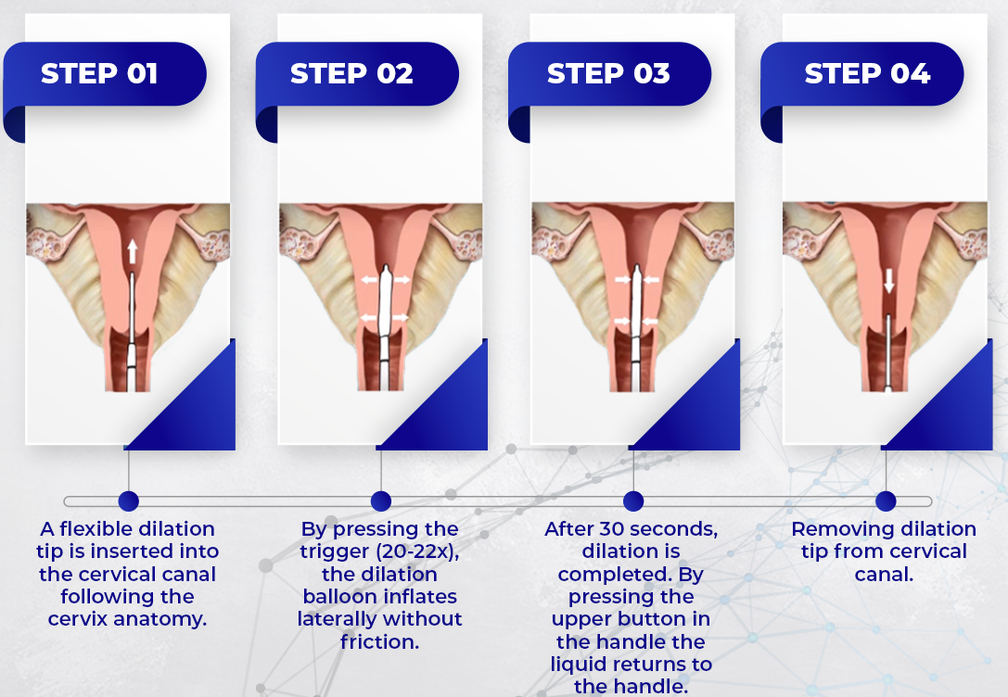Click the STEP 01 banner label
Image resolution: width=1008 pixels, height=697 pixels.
99,74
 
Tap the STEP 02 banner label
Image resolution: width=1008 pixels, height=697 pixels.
351,74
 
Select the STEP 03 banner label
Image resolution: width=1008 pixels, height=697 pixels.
608,74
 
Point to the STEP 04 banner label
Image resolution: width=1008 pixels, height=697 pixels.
867,74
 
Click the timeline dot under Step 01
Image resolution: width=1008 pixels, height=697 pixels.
129,501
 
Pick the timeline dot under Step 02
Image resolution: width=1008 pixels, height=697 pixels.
381,501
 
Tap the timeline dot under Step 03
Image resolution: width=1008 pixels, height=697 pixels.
633,501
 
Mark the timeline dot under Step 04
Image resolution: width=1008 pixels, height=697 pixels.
886,501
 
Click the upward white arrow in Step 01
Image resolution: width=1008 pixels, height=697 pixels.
132,252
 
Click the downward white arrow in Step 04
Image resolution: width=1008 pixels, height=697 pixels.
889,281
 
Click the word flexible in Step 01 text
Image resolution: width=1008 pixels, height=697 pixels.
96,528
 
